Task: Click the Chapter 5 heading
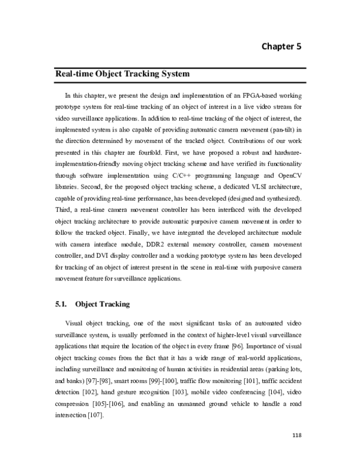point(284,46)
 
